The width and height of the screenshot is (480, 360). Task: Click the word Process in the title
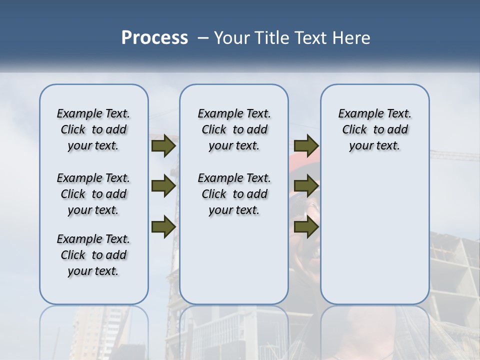[154, 38]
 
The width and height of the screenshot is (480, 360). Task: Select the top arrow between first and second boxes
[163, 146]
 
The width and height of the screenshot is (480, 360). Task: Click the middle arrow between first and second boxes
[163, 186]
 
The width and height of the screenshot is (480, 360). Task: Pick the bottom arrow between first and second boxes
[163, 226]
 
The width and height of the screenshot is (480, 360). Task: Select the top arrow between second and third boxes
[306, 146]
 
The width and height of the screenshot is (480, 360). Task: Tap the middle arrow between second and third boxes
[306, 186]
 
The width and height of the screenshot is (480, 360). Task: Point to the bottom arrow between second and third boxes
[306, 226]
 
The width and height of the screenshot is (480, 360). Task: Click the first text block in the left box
[93, 129]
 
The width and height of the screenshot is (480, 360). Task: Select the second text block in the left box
[93, 194]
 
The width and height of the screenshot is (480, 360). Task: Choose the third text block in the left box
[93, 255]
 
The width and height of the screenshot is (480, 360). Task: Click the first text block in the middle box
[234, 129]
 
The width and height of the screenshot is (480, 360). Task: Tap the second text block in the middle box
[234, 194]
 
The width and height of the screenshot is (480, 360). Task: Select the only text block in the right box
[374, 129]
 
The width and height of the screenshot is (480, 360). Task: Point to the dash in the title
[203, 38]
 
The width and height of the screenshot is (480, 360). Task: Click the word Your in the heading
[232, 38]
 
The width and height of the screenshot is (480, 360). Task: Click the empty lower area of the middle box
[234, 260]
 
